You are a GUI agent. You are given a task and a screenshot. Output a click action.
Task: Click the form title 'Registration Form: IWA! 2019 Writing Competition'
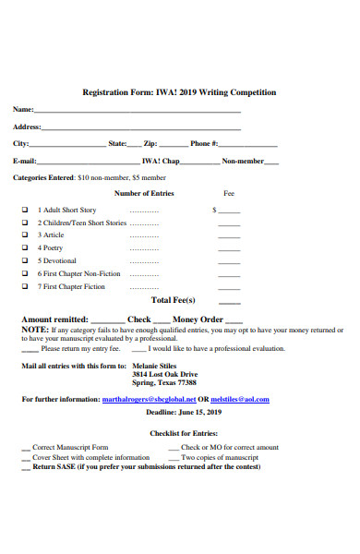pos(179,92)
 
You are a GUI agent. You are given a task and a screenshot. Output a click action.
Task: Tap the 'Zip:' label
pos(150,144)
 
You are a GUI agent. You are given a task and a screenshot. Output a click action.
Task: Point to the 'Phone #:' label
pos(204,144)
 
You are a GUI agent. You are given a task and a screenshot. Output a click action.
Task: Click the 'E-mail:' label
pos(24,161)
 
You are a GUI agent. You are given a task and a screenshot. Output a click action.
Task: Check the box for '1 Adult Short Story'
pos(25,211)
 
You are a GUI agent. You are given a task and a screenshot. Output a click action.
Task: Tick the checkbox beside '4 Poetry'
pos(25,248)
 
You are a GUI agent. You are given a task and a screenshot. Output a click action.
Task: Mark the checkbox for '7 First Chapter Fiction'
pos(25,287)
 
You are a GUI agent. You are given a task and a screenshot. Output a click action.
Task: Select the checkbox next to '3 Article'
pos(25,235)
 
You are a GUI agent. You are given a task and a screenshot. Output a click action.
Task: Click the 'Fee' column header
pos(229,194)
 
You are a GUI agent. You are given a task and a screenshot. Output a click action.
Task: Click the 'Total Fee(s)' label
pos(174,301)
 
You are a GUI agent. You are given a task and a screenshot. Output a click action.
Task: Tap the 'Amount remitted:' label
pos(55,319)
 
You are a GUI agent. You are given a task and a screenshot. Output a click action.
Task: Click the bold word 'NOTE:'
pos(35,330)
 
